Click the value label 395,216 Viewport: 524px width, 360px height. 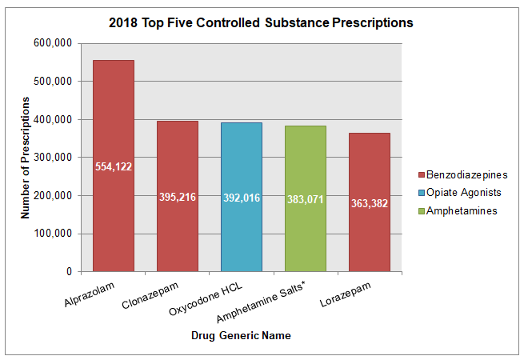(178, 196)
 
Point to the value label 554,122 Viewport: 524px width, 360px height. (114, 166)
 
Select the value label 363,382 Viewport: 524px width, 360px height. (370, 203)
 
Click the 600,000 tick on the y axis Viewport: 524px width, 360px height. (56, 43)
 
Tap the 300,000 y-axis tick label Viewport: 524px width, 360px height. (56, 158)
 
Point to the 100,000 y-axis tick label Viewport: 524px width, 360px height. (56, 234)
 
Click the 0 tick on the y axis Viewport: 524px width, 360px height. (69, 272)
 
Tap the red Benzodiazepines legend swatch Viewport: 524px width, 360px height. (422, 174)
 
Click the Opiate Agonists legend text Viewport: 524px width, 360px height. (465, 193)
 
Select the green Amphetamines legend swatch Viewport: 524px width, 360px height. (422, 210)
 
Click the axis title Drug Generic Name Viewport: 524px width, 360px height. (241, 336)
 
